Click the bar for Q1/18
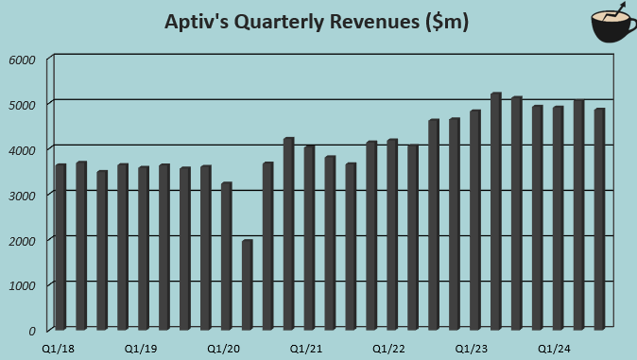(60, 247)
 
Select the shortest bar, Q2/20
(248, 284)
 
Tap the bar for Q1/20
(227, 256)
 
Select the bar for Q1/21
(310, 237)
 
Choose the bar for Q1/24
(559, 217)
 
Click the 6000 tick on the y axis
(22, 60)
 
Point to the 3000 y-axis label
(22, 195)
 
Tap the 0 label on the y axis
(31, 331)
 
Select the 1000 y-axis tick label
(22, 285)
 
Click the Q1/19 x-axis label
(141, 349)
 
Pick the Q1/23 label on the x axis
(472, 349)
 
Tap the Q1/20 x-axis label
(224, 349)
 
